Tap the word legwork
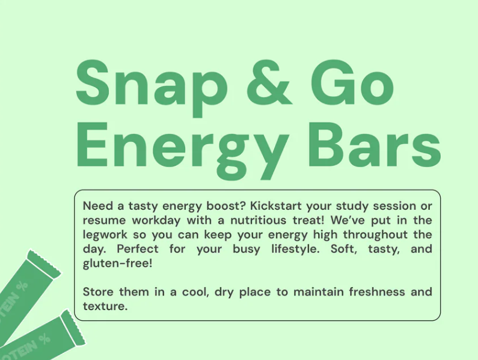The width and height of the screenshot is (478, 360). (x=105, y=235)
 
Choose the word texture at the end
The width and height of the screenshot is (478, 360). (x=105, y=307)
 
